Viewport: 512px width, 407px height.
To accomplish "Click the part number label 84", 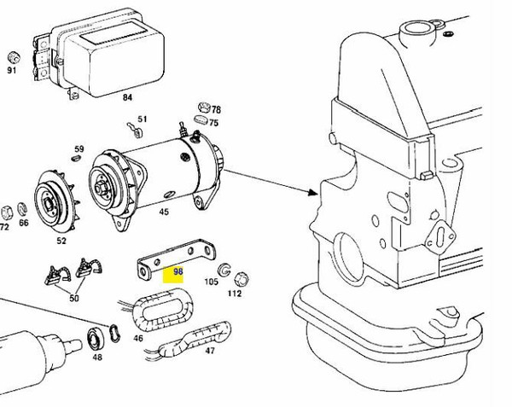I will pos(127,97).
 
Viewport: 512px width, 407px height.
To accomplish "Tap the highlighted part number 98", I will pos(178,273).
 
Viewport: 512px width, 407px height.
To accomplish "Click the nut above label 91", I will pos(13,57).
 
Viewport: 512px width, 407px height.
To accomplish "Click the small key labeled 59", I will pos(78,157).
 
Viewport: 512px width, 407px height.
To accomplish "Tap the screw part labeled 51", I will pos(133,130).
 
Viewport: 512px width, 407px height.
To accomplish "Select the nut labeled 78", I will pos(203,108).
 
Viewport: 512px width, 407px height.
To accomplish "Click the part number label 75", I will pos(214,123).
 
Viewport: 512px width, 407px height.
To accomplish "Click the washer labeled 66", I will pos(24,210).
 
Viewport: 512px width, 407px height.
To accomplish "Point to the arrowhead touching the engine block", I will pos(316,195).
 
